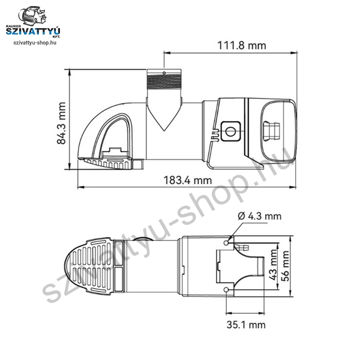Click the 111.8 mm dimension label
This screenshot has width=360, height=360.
point(242,46)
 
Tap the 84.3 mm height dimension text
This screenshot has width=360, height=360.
point(61,123)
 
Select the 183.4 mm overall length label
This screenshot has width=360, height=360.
point(188,180)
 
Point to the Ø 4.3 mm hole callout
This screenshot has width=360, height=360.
point(259,216)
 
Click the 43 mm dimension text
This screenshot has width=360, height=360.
point(273,265)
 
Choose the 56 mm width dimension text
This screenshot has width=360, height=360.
point(285,266)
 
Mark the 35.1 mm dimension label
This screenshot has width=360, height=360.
point(246,325)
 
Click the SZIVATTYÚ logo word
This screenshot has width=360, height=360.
point(33,31)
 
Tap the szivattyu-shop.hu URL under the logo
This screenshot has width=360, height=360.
point(35,43)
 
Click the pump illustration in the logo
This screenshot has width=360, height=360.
point(32,16)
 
